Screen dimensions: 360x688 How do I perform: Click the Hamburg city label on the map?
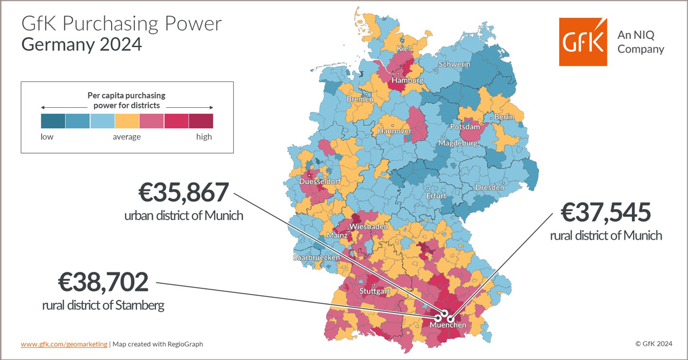pos(407,81)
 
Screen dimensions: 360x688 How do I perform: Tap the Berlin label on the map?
pos(505,117)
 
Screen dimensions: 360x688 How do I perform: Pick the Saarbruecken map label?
pos(316,258)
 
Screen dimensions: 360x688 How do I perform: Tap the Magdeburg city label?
pos(458,143)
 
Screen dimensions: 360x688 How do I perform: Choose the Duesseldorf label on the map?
pos(320,182)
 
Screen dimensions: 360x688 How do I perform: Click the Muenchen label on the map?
pos(448,325)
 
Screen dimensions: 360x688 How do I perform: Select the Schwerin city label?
pos(454,65)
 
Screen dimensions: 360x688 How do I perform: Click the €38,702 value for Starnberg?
pos(103,283)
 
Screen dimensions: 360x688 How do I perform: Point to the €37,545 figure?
pos(606,213)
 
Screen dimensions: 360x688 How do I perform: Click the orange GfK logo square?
pos(583,42)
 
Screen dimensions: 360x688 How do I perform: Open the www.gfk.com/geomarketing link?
pos(64,344)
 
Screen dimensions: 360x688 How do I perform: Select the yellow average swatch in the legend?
pos(127,120)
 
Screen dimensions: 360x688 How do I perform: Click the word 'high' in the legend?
pos(204,136)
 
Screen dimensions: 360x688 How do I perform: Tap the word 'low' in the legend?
pos(47,136)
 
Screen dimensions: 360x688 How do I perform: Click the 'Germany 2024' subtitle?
pos(81,45)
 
